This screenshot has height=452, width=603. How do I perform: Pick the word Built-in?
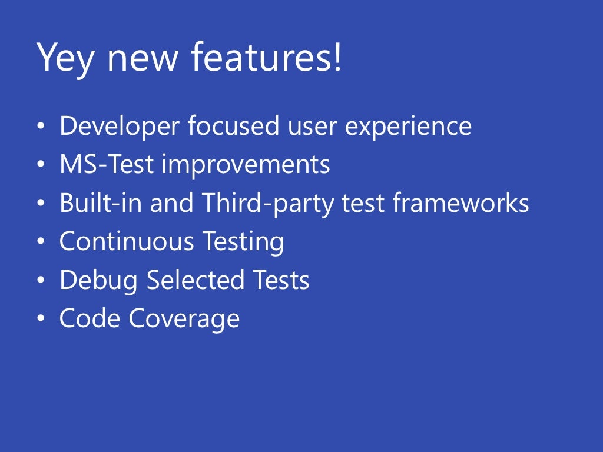pos(100,204)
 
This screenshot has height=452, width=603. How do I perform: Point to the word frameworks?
pos(460,204)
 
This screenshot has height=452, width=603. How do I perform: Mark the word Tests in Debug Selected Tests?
pos(281,280)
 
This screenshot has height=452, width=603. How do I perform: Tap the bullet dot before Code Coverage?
pos(40,319)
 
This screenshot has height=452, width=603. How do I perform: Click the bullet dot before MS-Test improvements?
pos(40,165)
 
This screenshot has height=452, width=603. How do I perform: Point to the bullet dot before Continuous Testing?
pos(40,242)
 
